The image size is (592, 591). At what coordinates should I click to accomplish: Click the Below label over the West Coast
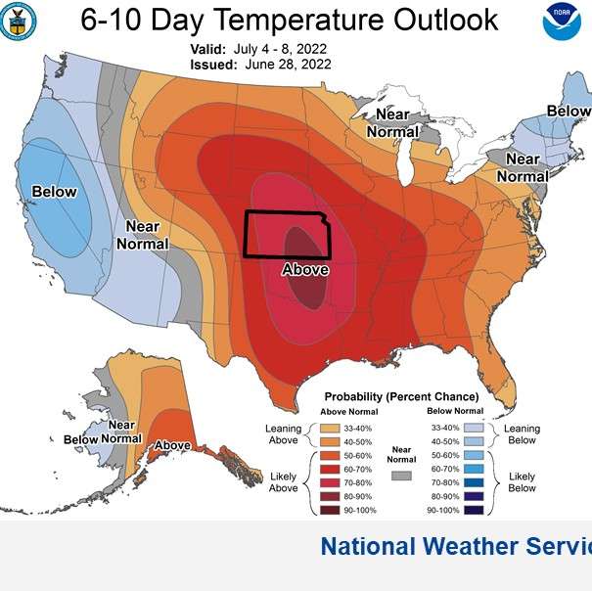pyautogui.click(x=53, y=192)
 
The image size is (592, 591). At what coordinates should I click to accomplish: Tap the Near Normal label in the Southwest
pyautogui.click(x=143, y=235)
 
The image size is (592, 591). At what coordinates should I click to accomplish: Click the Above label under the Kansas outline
pyautogui.click(x=304, y=269)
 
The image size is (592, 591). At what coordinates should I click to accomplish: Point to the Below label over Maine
pyautogui.click(x=569, y=112)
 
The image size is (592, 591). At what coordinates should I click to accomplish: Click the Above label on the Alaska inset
pyautogui.click(x=172, y=445)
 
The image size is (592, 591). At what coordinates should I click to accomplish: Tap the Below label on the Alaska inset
pyautogui.click(x=81, y=439)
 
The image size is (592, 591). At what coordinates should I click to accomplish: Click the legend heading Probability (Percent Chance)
pyautogui.click(x=402, y=396)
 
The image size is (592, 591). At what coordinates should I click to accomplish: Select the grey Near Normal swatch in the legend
pyautogui.click(x=399, y=476)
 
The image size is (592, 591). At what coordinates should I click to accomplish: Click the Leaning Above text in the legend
pyautogui.click(x=283, y=433)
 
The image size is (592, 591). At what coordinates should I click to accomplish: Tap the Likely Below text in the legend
pyautogui.click(x=522, y=481)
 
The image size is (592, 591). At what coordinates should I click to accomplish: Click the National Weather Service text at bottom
pyautogui.click(x=455, y=546)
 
